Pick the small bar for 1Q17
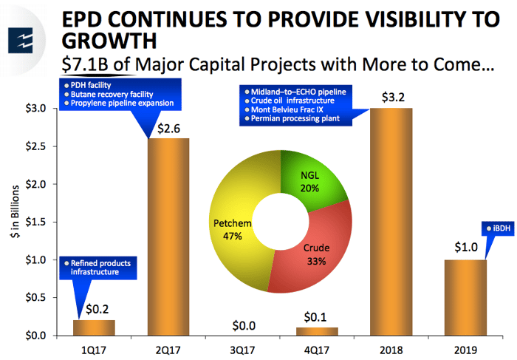pyautogui.click(x=94, y=327)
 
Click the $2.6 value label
pyautogui.click(x=169, y=127)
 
